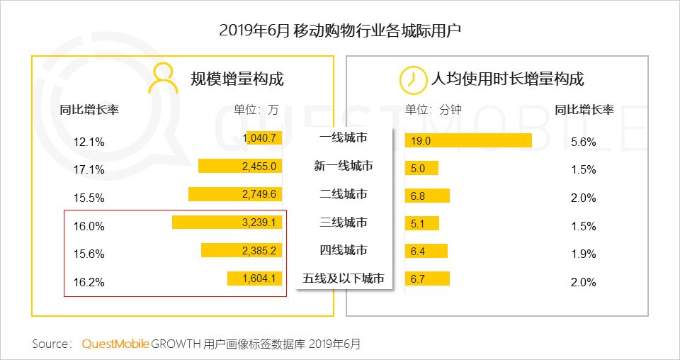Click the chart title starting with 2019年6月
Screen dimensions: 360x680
tap(340, 30)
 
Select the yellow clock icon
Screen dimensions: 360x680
tap(409, 79)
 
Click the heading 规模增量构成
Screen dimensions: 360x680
tap(237, 79)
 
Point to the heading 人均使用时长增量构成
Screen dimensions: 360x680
tap(507, 79)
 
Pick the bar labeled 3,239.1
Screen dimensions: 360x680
tap(228, 223)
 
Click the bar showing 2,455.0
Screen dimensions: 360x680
tap(241, 167)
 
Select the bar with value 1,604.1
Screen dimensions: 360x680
tap(256, 279)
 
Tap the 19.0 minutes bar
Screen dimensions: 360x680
tap(468, 140)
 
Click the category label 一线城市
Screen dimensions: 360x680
tap(344, 137)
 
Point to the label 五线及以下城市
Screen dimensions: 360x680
tap(344, 279)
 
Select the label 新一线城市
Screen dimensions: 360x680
tap(344, 166)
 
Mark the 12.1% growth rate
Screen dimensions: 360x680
tap(89, 141)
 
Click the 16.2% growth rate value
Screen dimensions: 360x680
tap(89, 282)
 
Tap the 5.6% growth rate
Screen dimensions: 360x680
tap(583, 141)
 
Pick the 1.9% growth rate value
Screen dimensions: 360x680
tap(583, 254)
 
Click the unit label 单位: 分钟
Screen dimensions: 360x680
tap(433, 110)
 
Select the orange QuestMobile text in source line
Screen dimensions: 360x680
tap(115, 344)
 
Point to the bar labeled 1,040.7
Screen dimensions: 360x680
tap(263, 137)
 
